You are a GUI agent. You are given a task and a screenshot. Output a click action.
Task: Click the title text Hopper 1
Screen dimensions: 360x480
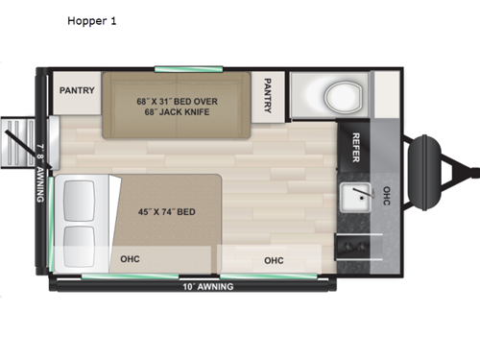[x=91, y=21]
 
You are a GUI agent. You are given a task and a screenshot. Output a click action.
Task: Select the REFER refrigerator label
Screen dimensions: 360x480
[x=354, y=146]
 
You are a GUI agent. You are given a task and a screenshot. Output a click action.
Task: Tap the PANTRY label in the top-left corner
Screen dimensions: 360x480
[x=76, y=90]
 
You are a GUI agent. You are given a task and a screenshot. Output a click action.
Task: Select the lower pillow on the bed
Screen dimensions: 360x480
[x=79, y=240]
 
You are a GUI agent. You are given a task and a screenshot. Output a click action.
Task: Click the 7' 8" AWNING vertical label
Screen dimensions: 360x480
[x=39, y=170]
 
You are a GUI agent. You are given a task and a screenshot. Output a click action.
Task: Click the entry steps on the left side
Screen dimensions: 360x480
[x=17, y=145]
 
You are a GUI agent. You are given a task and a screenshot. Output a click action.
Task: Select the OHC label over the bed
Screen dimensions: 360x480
[x=130, y=259]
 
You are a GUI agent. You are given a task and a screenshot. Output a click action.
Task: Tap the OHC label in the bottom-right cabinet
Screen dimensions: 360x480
[x=274, y=259]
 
